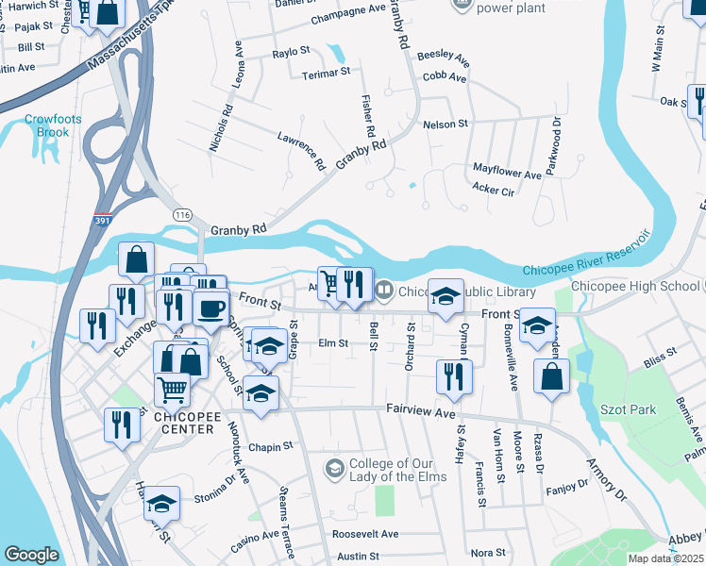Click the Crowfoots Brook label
[x=47, y=125]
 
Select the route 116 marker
[x=181, y=215]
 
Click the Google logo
[x=32, y=555]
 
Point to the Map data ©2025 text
[x=665, y=558]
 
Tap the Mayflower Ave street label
[x=507, y=175]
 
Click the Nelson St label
[x=445, y=124]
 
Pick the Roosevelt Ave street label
[x=364, y=533]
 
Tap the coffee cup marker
[x=211, y=307]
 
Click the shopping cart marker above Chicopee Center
[x=172, y=387]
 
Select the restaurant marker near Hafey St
[x=454, y=375]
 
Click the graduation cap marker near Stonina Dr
[x=162, y=504]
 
